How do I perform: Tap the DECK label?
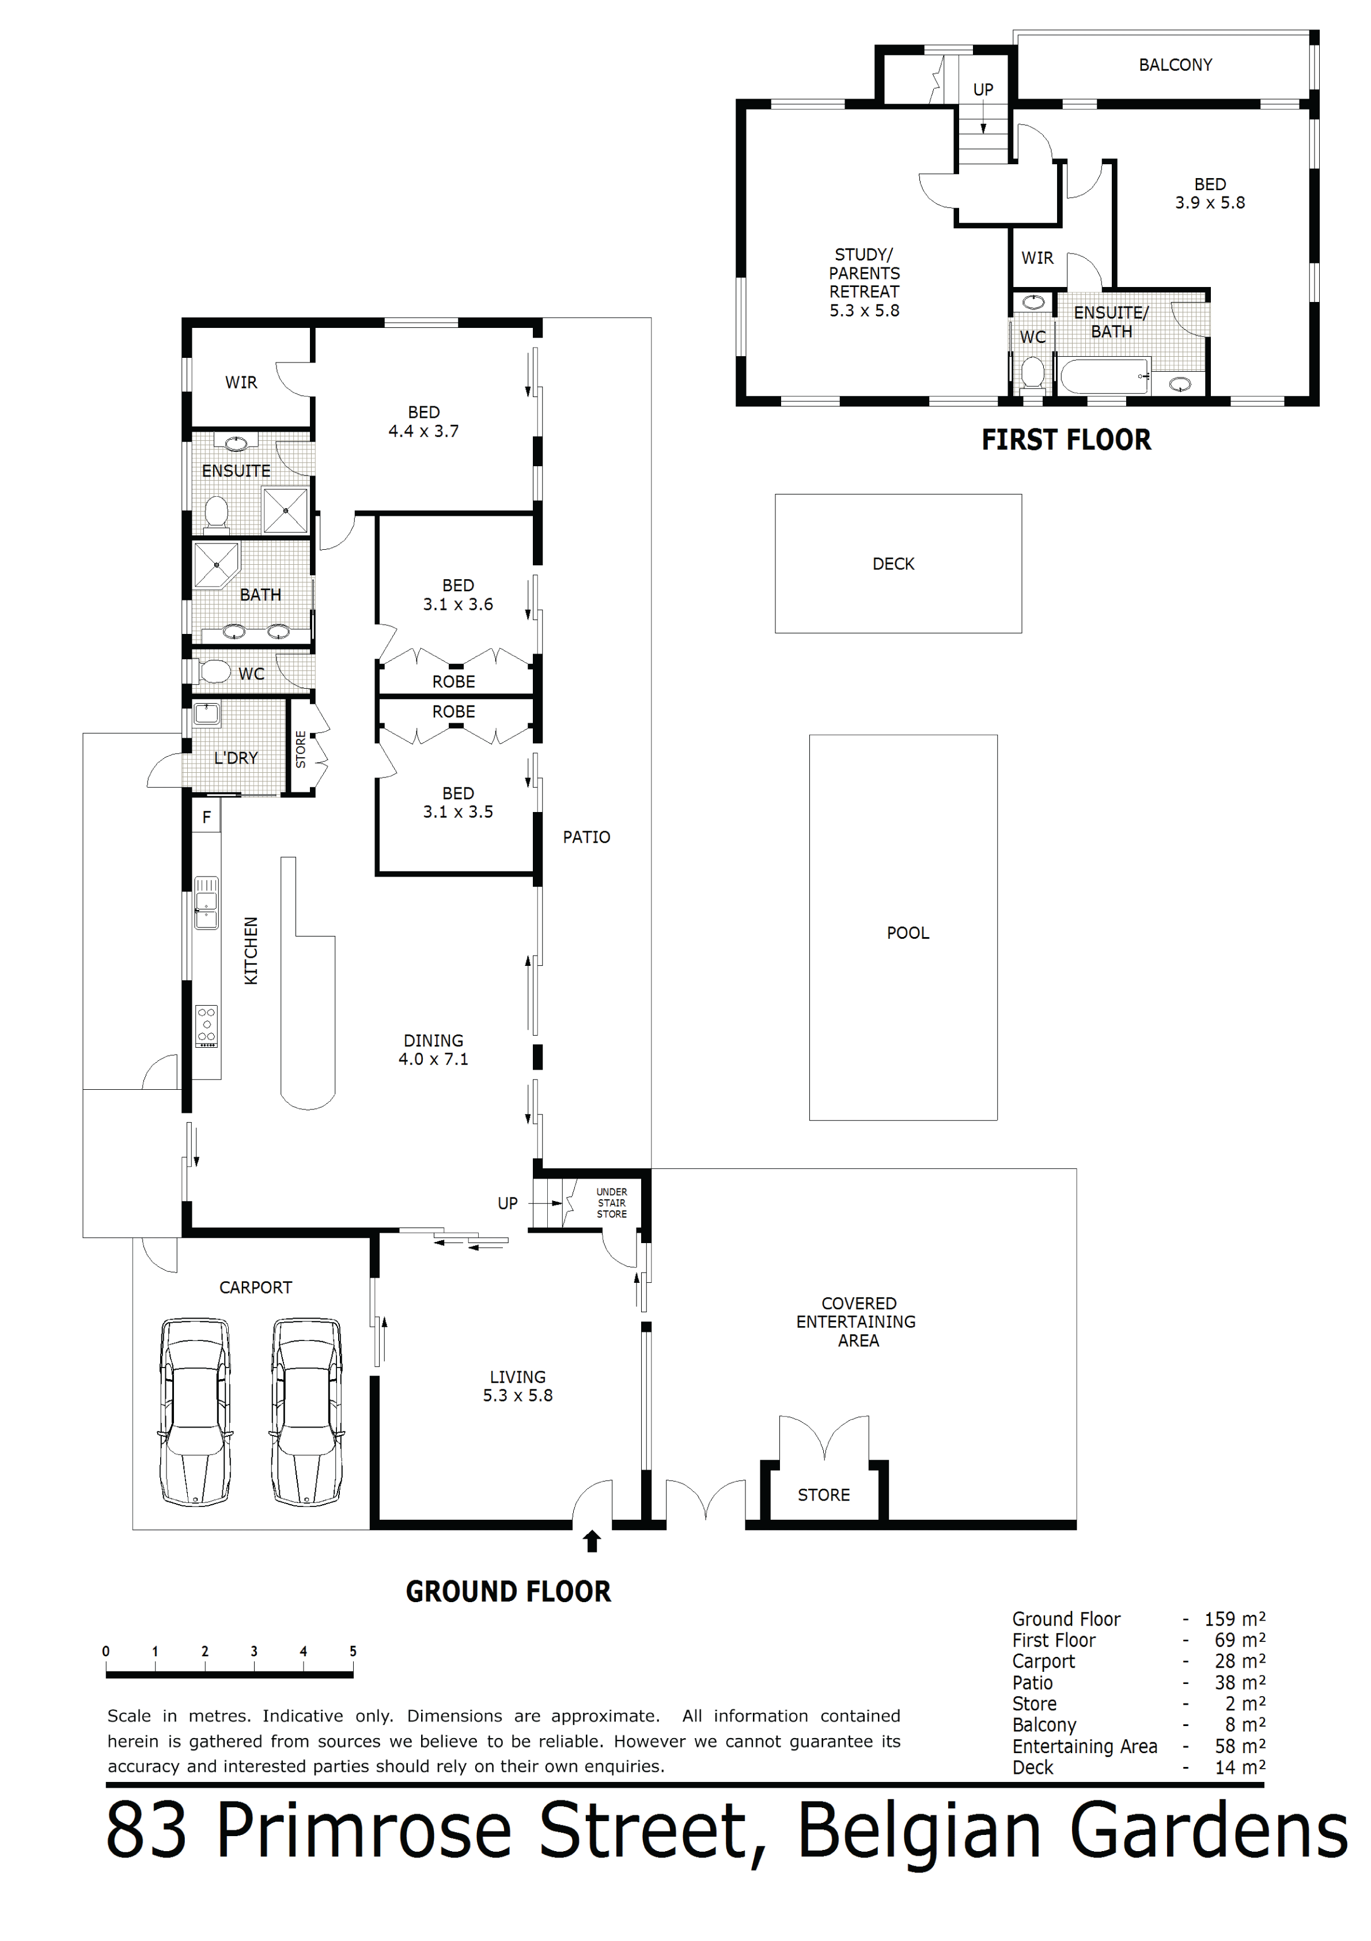click(893, 564)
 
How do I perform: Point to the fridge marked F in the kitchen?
click(206, 817)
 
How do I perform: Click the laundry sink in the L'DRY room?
click(206, 715)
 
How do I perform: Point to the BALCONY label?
click(1175, 65)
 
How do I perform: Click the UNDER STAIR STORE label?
click(612, 1203)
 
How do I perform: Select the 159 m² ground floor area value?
click(1235, 1619)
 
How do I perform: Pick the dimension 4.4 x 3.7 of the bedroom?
click(423, 431)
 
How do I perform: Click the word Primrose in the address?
click(364, 1831)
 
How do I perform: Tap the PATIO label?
click(586, 837)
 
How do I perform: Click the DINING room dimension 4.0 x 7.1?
click(434, 1059)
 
